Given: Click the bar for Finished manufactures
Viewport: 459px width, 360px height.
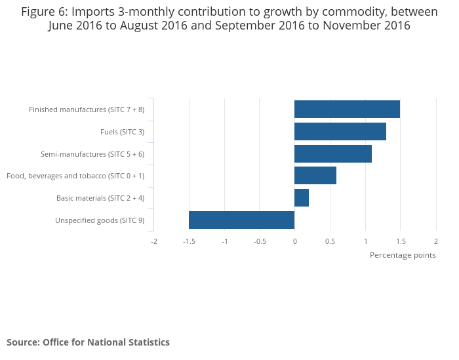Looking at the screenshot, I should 347,110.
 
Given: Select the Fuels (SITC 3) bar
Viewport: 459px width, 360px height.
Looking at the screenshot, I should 340,132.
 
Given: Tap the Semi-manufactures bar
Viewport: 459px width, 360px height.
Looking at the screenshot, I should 332,154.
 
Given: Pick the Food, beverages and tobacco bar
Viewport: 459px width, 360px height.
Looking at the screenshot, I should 315,176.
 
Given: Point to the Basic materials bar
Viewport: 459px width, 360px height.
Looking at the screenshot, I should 301,198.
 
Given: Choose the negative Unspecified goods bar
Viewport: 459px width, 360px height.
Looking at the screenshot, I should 241,220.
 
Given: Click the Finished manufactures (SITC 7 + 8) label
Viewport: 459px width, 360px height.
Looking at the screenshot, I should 87,110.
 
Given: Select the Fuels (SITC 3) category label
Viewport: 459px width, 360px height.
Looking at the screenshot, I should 122,132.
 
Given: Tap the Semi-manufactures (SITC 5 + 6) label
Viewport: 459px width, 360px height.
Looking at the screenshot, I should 92,154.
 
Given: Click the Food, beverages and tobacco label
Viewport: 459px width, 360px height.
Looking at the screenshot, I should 75,176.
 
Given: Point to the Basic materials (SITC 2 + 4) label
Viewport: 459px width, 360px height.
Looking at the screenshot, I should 100,198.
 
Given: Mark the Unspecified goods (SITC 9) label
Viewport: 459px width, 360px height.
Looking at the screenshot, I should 100,220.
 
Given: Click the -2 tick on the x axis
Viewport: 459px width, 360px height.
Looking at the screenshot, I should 154,241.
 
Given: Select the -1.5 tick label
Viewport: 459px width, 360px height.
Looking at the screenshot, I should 189,241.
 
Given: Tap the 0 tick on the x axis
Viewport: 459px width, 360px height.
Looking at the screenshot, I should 294,241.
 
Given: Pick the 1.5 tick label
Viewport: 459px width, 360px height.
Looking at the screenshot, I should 400,241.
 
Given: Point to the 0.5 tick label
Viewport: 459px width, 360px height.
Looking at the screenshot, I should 330,241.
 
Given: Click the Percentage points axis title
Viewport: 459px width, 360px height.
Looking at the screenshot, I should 403,255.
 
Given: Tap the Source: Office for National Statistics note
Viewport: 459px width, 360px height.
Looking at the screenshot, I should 88,342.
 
